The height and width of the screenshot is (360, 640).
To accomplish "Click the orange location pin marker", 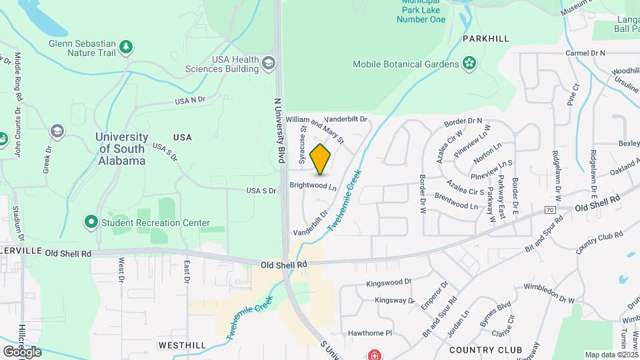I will (321, 159).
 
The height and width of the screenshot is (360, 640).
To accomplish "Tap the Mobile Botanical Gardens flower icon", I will (469, 64).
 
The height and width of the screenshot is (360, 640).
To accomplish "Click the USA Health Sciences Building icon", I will (269, 64).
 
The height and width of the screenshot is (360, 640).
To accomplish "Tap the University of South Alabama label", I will (121, 149).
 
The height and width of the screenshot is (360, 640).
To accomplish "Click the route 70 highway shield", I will (550, 210).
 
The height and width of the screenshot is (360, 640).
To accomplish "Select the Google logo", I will (21, 351).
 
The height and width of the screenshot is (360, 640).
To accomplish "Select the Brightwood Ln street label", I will (313, 186).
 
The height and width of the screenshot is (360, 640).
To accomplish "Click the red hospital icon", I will (375, 353).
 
